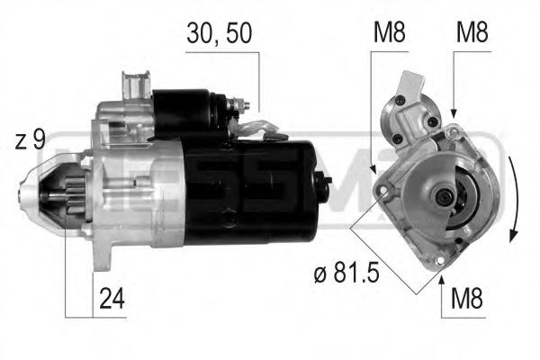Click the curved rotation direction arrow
[x=512, y=198]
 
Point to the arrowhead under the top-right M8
[x=454, y=112]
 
